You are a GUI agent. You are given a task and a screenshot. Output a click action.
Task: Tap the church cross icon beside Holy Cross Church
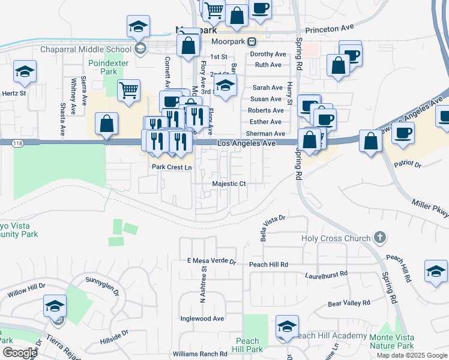(x=379, y=238)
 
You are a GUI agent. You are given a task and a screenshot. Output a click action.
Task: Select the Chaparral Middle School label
(x=85, y=49)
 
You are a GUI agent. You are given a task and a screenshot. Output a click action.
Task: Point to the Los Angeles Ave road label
(x=246, y=143)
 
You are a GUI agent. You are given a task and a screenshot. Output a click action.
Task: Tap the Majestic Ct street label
(x=229, y=184)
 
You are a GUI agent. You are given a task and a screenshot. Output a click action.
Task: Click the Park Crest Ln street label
(x=172, y=167)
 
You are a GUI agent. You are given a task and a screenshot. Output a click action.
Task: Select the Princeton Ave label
(x=331, y=28)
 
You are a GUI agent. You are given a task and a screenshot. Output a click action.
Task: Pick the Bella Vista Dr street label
(x=272, y=227)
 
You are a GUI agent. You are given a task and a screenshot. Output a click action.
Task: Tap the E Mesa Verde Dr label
(x=212, y=262)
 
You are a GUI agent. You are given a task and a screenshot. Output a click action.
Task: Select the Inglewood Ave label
(x=202, y=319)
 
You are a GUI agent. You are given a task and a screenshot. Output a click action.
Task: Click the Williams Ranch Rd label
(x=200, y=354)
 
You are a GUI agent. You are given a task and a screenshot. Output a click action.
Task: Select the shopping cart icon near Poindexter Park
(x=129, y=91)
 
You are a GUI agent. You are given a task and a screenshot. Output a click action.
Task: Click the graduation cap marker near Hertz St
(x=25, y=72)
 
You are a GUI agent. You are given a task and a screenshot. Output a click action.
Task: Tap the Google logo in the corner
(x=19, y=353)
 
